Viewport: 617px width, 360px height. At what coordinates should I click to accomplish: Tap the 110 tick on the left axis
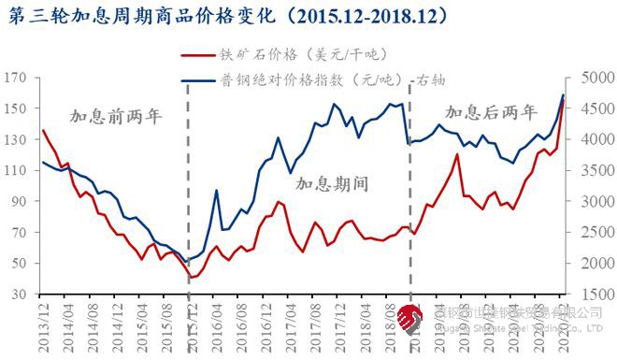[17, 170]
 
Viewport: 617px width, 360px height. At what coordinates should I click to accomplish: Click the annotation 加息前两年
[116, 117]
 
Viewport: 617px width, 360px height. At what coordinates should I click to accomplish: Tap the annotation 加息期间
[332, 182]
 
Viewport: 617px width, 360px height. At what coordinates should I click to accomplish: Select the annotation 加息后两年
[491, 113]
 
